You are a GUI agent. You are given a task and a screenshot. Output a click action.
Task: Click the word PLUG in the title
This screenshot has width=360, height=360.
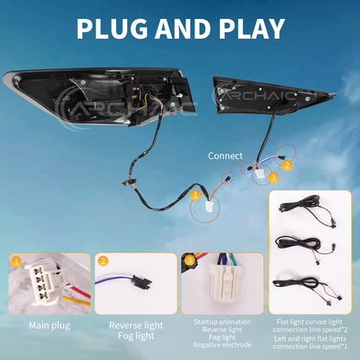click(112, 29)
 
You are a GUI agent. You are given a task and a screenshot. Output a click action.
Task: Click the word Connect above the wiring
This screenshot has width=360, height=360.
click(225, 156)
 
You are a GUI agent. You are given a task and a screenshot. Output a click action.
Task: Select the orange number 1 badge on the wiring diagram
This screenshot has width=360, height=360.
click(196, 195)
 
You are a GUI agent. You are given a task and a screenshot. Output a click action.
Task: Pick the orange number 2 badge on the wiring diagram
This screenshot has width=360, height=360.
click(286, 165)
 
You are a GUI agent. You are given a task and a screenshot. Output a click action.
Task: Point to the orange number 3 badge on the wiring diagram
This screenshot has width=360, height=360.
click(273, 177)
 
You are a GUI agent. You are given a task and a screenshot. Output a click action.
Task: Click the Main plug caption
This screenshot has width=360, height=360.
click(49, 325)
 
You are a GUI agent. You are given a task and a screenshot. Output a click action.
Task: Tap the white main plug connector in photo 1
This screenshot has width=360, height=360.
click(46, 282)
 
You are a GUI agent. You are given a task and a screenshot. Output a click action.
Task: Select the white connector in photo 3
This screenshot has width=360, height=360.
click(225, 283)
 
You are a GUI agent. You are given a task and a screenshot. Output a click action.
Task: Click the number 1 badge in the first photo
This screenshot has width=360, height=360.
click(16, 261)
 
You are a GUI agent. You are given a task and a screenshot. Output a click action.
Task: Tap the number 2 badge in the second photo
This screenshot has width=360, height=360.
click(103, 261)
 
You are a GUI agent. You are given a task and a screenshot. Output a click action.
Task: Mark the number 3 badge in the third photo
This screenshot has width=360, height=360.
click(190, 260)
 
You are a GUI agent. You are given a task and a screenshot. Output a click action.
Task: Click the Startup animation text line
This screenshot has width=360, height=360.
click(222, 322)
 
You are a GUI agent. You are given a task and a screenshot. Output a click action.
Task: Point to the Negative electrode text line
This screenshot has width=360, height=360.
click(222, 344)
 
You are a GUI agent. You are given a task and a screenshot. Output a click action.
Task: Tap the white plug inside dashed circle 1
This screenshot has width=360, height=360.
click(209, 207)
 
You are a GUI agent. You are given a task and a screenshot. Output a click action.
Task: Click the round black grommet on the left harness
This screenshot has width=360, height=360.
click(128, 182)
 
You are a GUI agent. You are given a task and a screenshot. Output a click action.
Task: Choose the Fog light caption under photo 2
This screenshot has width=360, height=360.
click(136, 336)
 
